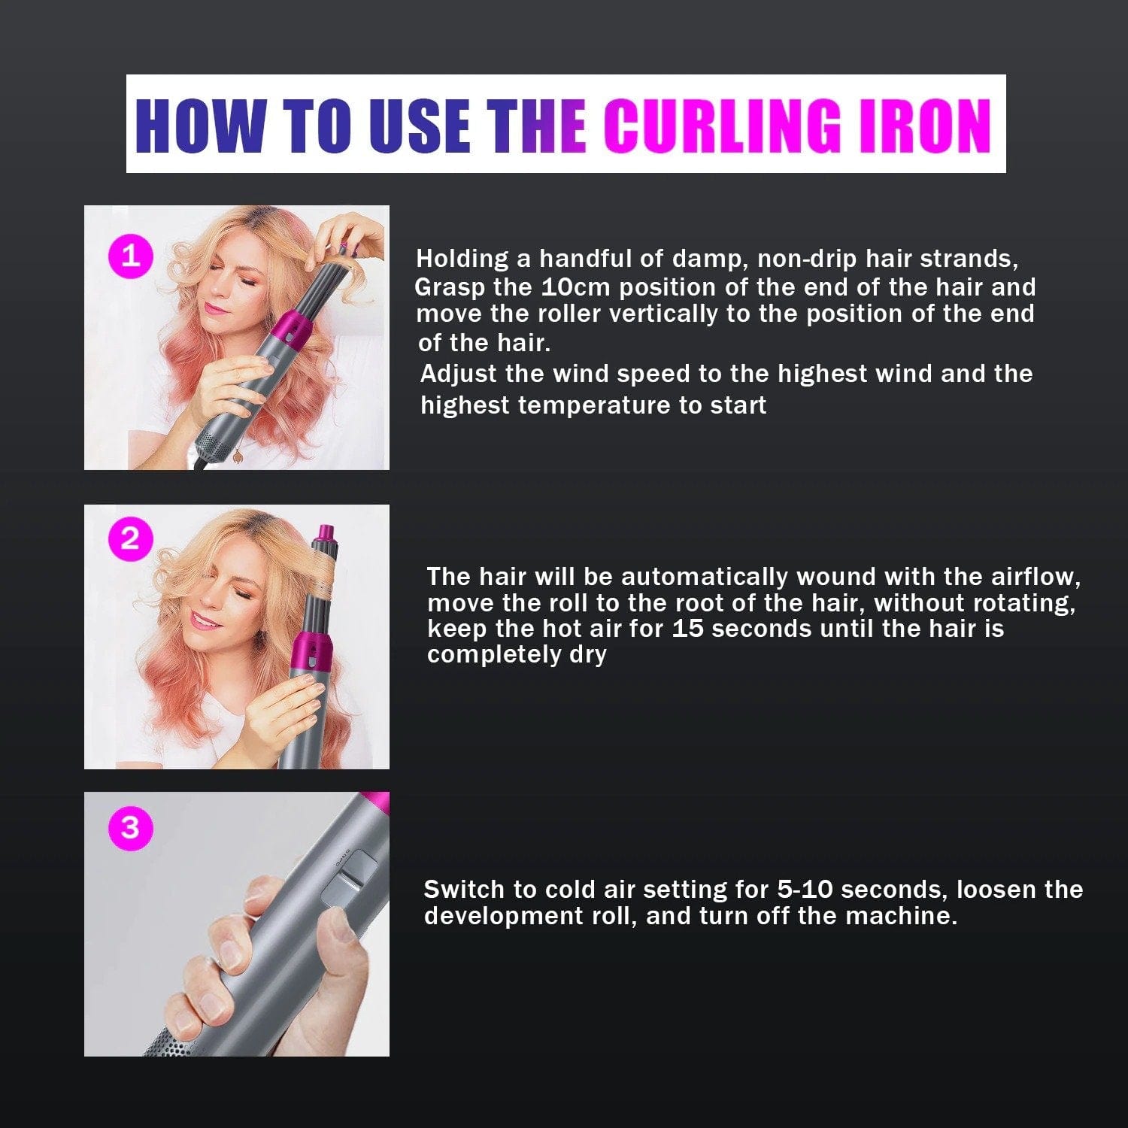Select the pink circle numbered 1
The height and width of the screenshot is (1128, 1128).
131,256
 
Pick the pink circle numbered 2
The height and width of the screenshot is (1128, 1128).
130,538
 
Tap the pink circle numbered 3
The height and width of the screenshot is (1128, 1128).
130,827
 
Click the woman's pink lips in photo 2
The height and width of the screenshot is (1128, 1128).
204,621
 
